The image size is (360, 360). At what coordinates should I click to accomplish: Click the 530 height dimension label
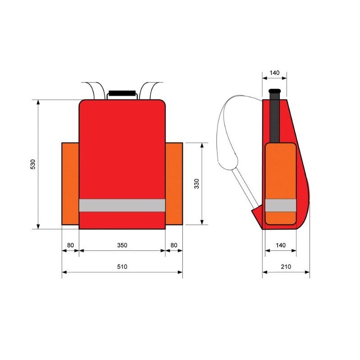click(x=32, y=165)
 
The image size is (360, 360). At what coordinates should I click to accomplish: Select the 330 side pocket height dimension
click(x=197, y=184)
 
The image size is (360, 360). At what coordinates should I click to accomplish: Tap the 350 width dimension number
click(x=122, y=245)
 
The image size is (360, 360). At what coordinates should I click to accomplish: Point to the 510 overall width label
click(x=122, y=266)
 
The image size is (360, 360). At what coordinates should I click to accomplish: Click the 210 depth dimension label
click(x=286, y=266)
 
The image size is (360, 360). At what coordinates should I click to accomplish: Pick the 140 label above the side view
click(x=274, y=72)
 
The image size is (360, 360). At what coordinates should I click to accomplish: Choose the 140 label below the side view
click(x=280, y=245)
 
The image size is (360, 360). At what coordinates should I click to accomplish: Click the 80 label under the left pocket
click(x=70, y=245)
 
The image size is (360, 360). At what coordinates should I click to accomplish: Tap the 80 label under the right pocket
click(x=174, y=245)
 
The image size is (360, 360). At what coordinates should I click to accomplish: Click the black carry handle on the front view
click(x=122, y=93)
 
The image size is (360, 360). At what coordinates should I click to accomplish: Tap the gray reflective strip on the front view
click(x=122, y=205)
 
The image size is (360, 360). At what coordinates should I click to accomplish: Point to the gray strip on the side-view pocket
click(x=280, y=205)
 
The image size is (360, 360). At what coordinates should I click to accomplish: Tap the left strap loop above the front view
click(x=95, y=89)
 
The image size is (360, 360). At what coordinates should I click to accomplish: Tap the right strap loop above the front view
click(x=148, y=89)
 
